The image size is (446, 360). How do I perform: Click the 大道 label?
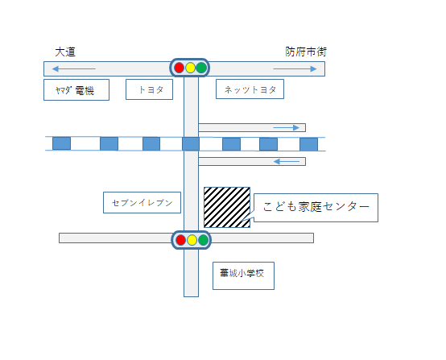65,52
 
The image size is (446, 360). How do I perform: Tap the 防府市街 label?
306,52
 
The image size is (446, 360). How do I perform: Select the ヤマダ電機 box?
76,90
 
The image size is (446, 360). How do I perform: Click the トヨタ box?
149,89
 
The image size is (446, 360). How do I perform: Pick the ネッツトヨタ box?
250,89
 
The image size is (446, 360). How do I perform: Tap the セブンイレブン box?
142,203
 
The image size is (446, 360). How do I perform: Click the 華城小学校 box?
243,275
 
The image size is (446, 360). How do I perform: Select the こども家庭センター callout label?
316,208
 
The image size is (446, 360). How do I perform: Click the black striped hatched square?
227,208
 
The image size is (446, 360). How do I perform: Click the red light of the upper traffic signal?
180,68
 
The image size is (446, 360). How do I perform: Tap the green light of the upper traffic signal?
201,68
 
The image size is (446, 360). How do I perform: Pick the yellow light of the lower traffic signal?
192,240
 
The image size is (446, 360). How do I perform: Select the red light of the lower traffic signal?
181,240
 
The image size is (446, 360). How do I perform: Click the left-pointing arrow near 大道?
74,69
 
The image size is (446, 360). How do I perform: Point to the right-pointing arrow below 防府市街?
295,69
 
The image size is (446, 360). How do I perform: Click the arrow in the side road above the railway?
286,128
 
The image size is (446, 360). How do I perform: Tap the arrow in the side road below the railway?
287,162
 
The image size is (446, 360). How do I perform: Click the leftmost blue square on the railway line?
61,143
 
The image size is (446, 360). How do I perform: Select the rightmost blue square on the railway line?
309,144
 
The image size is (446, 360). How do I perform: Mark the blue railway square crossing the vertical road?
191,143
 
